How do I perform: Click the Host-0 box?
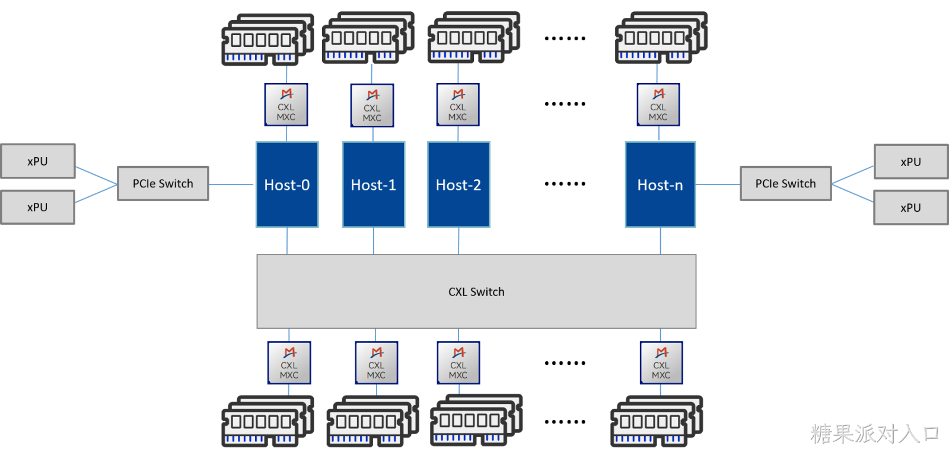pos(287,184)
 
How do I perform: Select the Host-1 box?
pos(374,184)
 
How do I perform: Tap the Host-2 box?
pos(459,184)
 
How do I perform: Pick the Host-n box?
pos(661,184)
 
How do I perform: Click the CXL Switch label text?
pos(477,292)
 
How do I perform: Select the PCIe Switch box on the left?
pos(163,183)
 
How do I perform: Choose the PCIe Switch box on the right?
pos(786,183)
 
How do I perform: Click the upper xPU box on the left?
pos(38,161)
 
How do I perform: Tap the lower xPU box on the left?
pos(38,207)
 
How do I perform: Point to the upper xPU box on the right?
pos(911,162)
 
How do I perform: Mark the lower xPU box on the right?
pos(911,208)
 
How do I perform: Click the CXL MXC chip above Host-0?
pos(286,104)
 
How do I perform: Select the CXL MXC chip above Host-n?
pos(658,104)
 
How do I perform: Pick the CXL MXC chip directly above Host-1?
pos(372,106)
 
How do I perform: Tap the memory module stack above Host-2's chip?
pos(474,38)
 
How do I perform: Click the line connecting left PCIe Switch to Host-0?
pos(231,184)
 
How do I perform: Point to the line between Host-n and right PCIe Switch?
pos(718,184)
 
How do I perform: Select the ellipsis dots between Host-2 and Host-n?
pos(565,184)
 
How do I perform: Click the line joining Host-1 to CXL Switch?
pos(374,241)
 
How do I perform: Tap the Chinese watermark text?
pos(875,434)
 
